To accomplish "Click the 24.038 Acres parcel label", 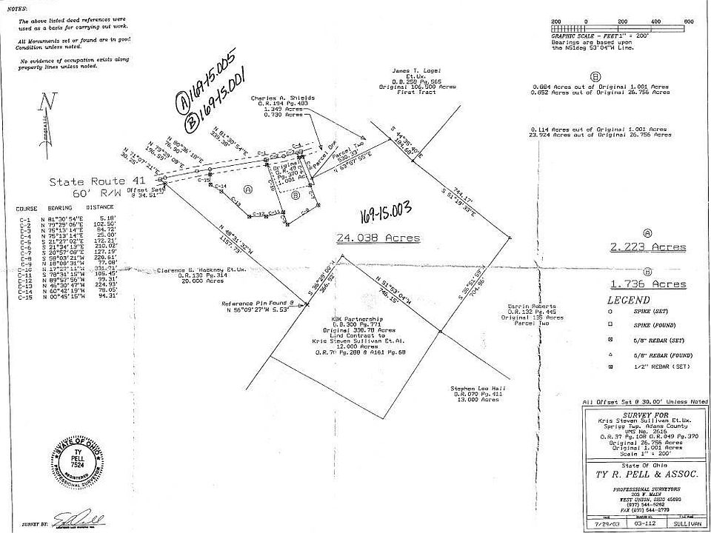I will [378, 238].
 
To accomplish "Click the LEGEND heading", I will [629, 300].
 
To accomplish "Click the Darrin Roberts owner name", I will [527, 305].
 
